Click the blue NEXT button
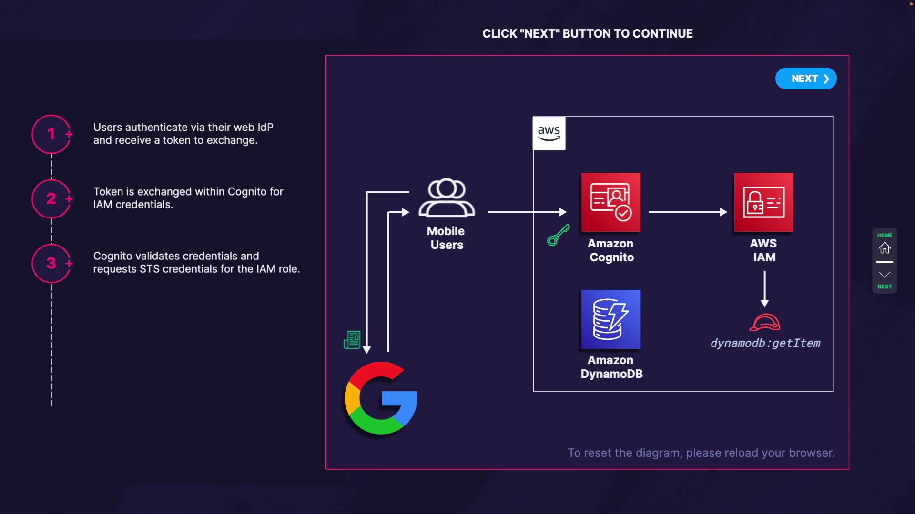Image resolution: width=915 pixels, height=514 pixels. coord(806,79)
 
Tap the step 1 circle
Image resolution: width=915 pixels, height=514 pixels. coord(51,134)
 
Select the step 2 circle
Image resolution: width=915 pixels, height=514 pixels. coord(51,198)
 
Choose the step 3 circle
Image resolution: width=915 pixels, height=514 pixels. coord(51,263)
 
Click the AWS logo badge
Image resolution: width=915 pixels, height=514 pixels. coord(549,133)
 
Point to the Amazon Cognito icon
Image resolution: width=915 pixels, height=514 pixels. coord(611,202)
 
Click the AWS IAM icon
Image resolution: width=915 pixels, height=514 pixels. coord(764,202)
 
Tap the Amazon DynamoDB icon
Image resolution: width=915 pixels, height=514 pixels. coord(611,319)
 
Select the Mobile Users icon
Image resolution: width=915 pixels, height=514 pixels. coord(447,198)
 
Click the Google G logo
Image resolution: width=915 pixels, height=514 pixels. coord(381,398)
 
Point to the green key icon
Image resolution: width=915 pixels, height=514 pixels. coord(559,235)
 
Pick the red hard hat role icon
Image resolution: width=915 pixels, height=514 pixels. coord(765,322)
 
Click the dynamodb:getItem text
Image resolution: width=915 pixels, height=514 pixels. coord(765,343)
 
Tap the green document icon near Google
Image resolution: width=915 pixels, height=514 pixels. coord(352,340)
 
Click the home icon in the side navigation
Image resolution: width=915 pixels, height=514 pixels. coord(885,248)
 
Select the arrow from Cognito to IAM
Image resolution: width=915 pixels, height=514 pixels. coord(688,212)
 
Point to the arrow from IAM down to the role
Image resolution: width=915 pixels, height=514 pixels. coord(765,289)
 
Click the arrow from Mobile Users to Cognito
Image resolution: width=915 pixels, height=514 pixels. coord(528,212)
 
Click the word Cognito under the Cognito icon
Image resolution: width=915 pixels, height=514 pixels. coord(612,257)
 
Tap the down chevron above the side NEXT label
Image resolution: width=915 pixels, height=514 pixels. coord(885,275)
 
